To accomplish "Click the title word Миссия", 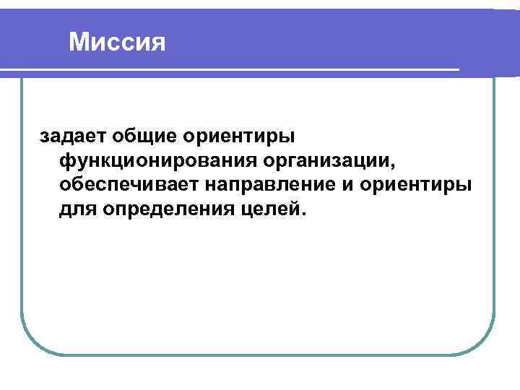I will coord(118,42).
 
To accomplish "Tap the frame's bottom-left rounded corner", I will coord(32,343).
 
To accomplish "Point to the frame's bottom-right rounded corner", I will coord(484,343).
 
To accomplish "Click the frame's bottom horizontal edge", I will coord(260,354).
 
